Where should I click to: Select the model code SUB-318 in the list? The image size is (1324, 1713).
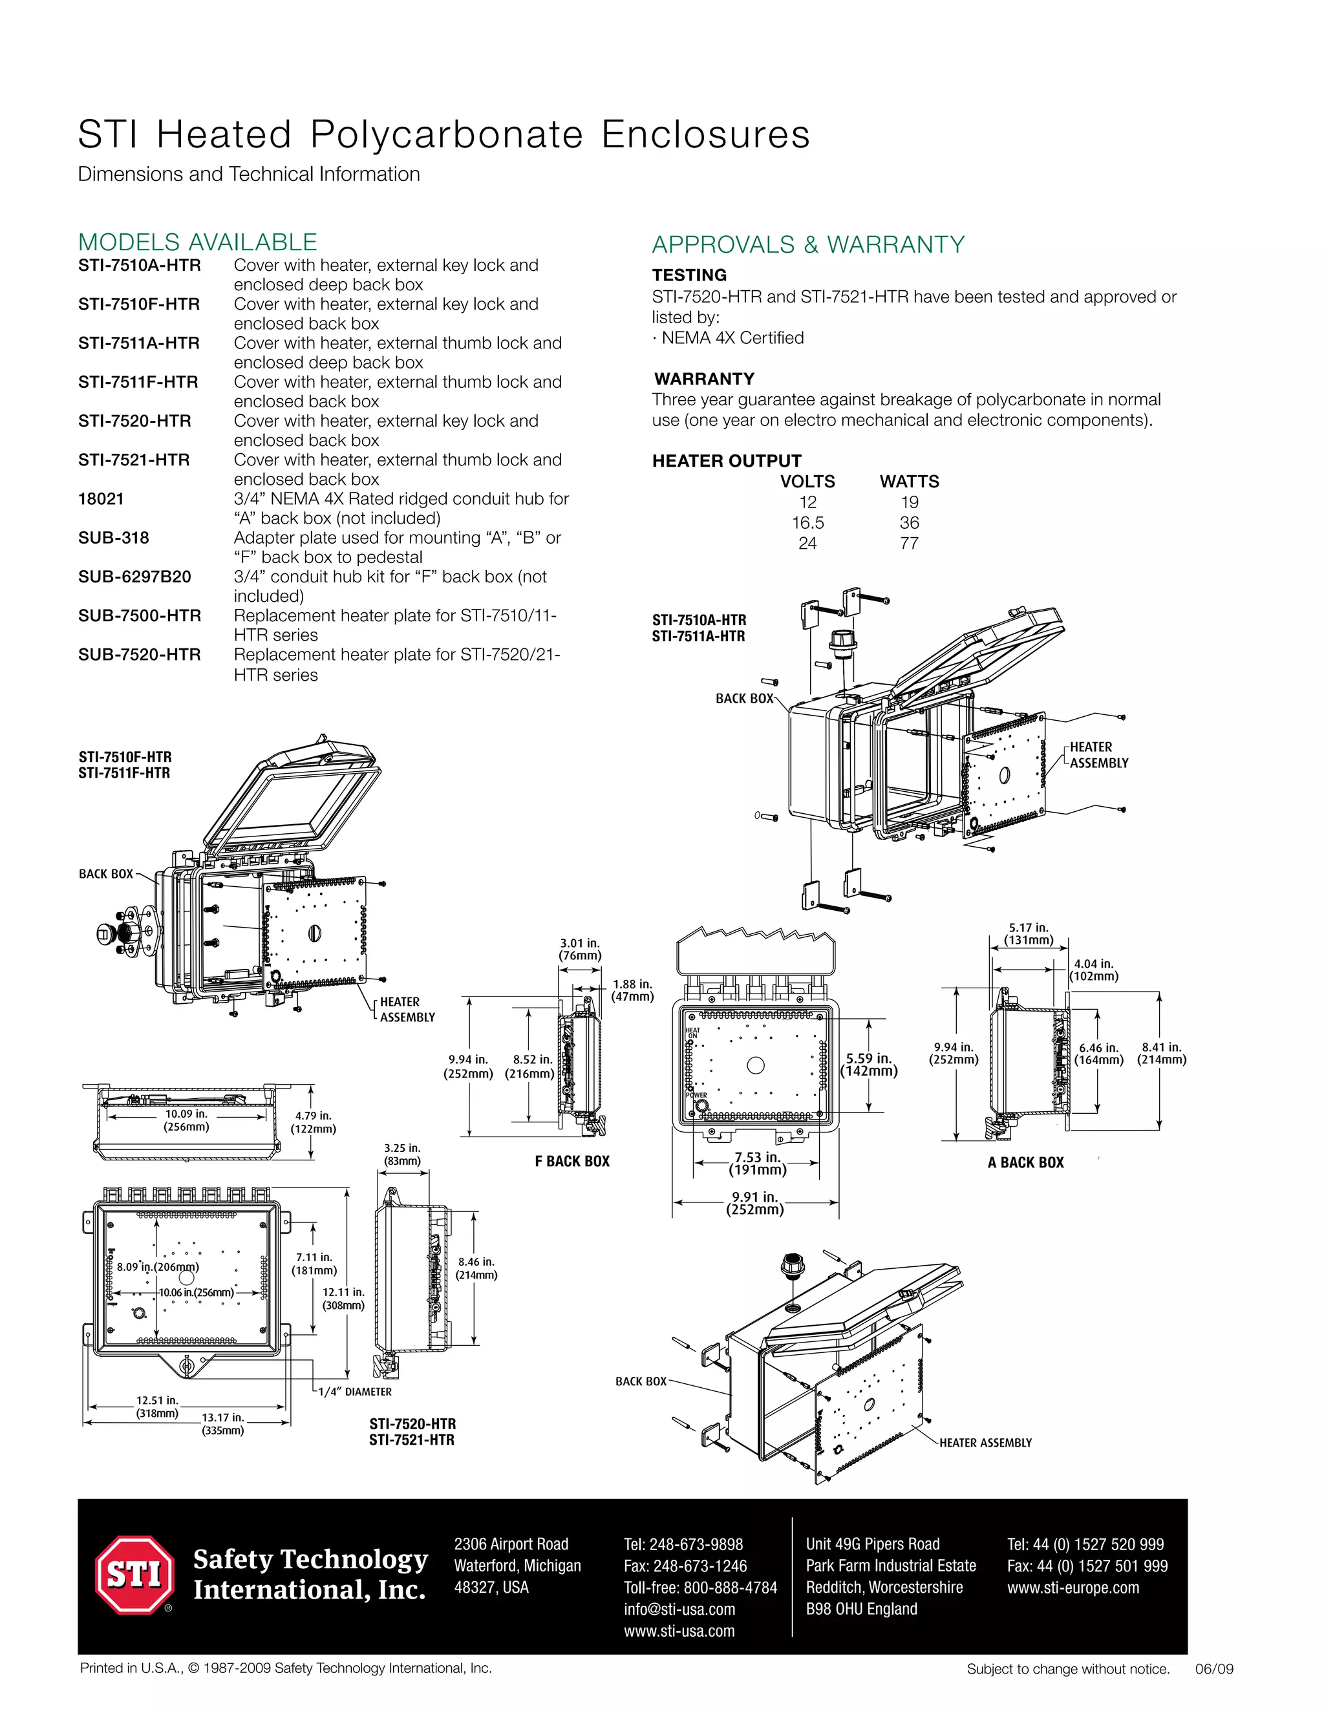click(x=114, y=538)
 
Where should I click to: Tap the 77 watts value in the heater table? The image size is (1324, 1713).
click(x=909, y=544)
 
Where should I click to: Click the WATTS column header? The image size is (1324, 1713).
click(x=909, y=482)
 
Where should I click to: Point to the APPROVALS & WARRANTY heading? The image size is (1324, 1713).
click(x=808, y=245)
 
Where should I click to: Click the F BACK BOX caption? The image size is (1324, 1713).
click(x=571, y=1162)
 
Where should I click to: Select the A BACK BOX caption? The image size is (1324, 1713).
click(x=1025, y=1162)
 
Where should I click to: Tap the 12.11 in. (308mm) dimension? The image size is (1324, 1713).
click(x=343, y=1299)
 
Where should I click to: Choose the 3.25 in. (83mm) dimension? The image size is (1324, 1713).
click(x=402, y=1154)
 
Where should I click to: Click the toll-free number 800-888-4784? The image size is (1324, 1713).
click(x=700, y=1588)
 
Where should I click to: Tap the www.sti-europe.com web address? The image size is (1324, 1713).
click(x=1073, y=1588)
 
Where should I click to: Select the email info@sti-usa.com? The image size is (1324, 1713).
click(x=679, y=1610)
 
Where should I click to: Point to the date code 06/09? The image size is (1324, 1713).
click(x=1213, y=1669)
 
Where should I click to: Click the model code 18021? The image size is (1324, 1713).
click(x=101, y=499)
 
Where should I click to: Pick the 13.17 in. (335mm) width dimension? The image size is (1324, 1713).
click(x=223, y=1423)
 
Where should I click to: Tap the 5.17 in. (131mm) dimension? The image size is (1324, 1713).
click(x=1029, y=933)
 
